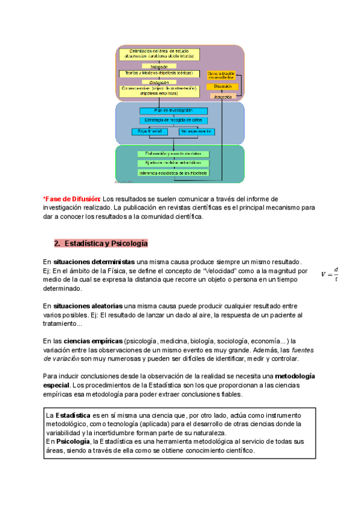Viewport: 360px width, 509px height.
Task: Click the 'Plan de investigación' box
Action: click(x=173, y=110)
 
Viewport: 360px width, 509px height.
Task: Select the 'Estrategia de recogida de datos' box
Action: click(x=173, y=121)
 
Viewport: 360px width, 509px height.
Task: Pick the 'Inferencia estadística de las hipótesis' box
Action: click(x=173, y=173)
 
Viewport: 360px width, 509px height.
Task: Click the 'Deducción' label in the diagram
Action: click(x=155, y=82)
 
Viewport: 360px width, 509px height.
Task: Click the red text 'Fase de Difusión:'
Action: click(x=71, y=199)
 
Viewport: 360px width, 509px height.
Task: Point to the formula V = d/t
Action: click(x=330, y=273)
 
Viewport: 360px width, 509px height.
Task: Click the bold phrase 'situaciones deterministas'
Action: click(x=94, y=262)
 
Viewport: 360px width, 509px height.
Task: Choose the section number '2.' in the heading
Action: click(x=58, y=244)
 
